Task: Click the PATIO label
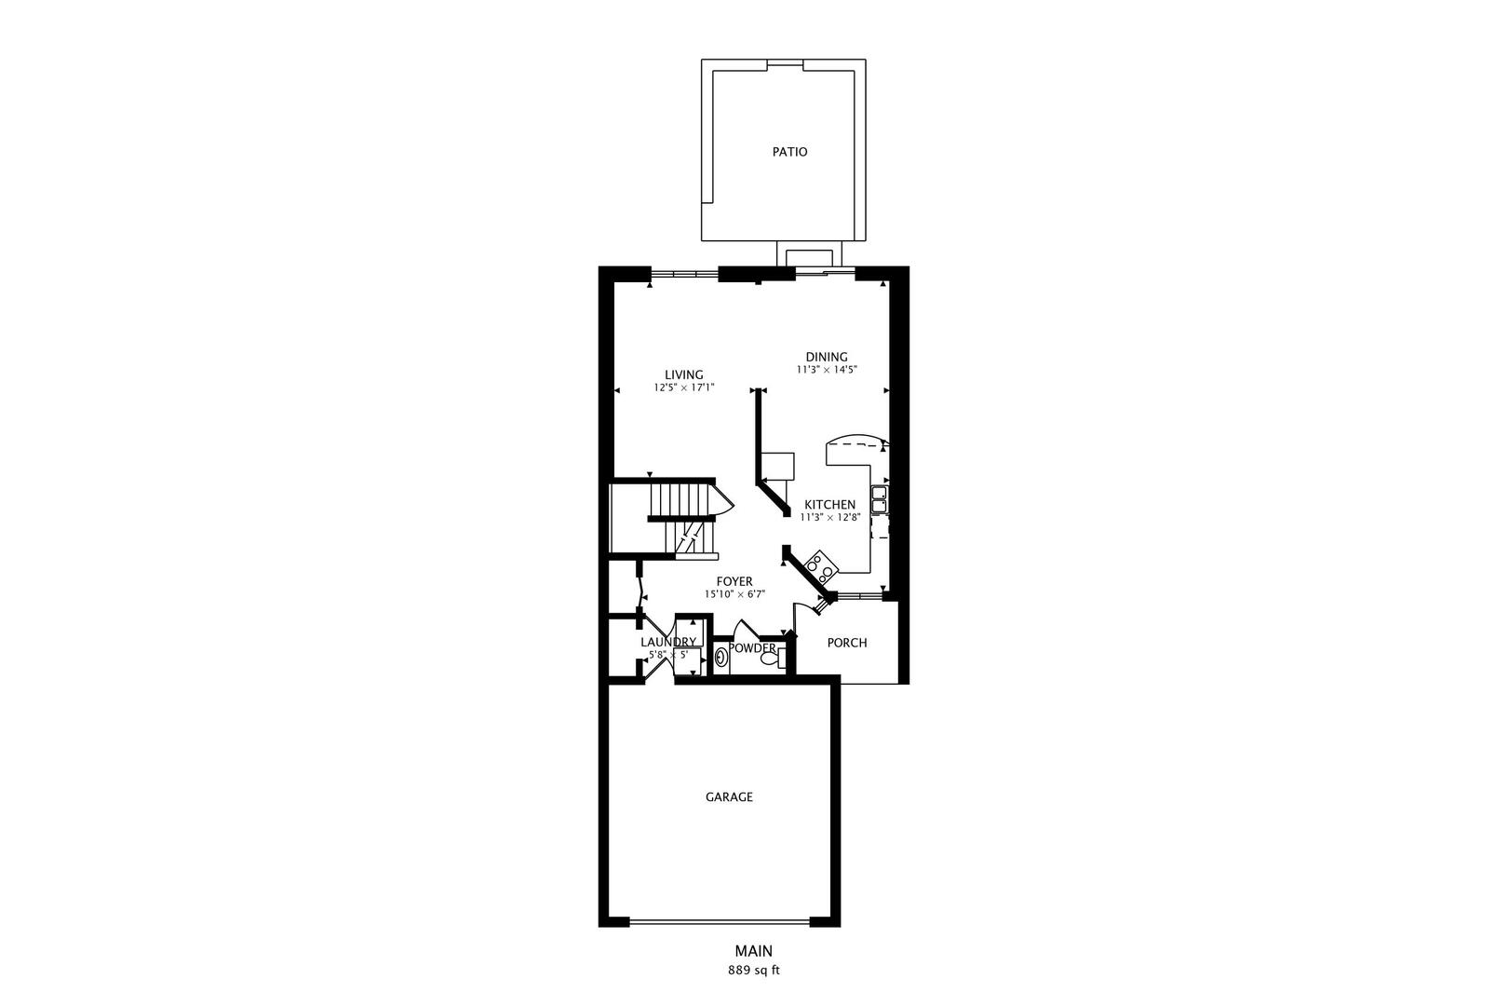789,151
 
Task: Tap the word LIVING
683,375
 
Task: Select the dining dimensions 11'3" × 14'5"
826,370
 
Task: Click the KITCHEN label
829,505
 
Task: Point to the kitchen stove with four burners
820,564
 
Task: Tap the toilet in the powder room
771,659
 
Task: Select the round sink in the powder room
721,659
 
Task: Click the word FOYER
734,582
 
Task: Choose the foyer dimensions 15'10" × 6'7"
734,594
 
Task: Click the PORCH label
847,643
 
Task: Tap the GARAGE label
729,797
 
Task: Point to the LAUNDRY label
668,643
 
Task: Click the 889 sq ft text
754,971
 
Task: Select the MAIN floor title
754,951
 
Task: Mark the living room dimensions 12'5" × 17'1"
683,388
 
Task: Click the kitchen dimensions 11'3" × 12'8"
829,517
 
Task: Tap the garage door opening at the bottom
720,922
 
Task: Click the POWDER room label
752,648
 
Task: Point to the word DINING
826,357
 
